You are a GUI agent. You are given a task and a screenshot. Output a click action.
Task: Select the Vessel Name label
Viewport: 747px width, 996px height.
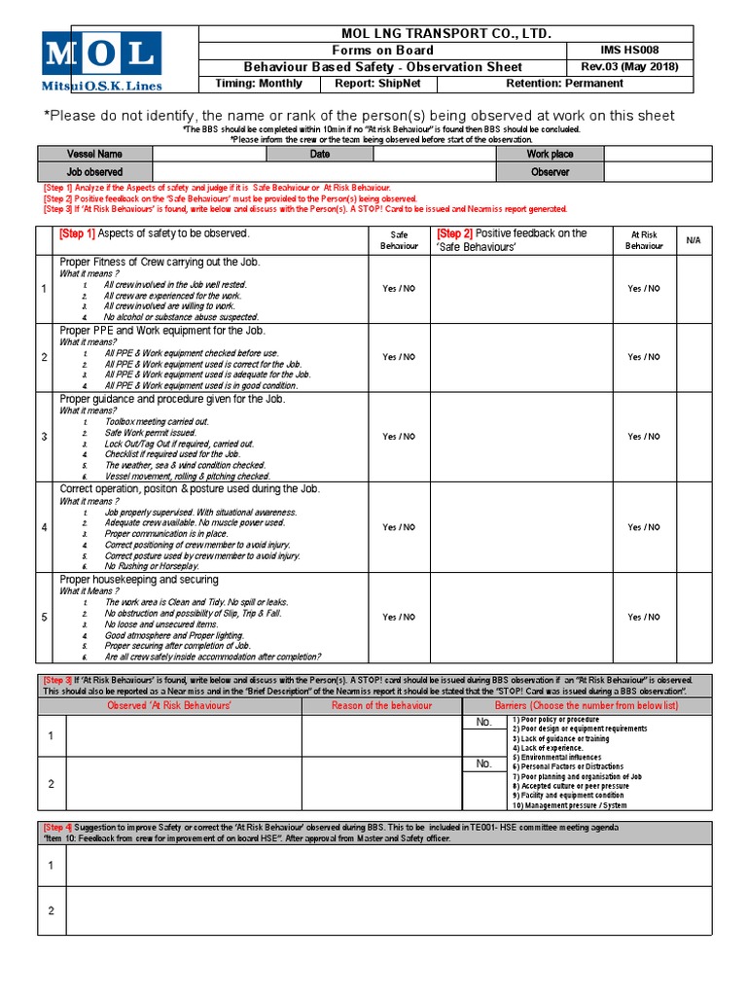click(x=94, y=154)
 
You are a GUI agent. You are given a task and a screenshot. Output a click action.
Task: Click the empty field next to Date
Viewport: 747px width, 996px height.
click(x=434, y=154)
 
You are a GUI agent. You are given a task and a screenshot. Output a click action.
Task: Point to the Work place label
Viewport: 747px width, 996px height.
click(x=550, y=154)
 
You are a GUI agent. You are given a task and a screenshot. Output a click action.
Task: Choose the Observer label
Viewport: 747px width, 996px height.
click(x=550, y=171)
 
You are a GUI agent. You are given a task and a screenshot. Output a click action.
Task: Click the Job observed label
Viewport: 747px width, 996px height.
click(x=94, y=171)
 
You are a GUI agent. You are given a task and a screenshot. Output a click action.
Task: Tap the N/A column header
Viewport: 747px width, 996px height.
click(x=693, y=239)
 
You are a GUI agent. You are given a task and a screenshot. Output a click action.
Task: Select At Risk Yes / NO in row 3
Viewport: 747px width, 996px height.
click(x=644, y=437)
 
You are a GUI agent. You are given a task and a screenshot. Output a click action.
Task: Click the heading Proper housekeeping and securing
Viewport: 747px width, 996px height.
click(x=139, y=580)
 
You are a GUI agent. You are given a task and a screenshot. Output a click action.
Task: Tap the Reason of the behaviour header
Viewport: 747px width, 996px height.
click(x=381, y=705)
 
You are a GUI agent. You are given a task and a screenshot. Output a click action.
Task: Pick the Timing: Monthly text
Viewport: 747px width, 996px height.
click(x=259, y=83)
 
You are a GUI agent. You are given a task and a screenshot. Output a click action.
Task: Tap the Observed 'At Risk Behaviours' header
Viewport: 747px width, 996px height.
click(x=168, y=705)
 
